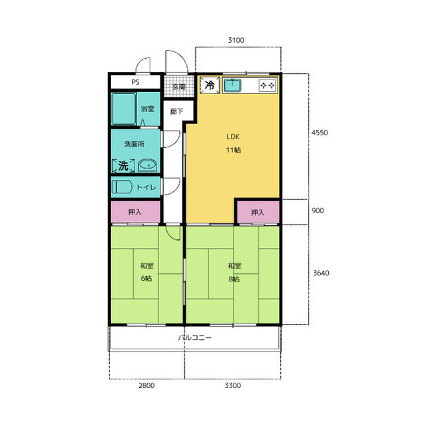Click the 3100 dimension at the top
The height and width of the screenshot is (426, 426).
click(x=236, y=40)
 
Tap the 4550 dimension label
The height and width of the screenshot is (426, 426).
click(x=319, y=133)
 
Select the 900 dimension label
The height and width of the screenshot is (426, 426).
click(x=318, y=210)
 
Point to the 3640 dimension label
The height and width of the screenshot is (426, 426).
click(x=321, y=273)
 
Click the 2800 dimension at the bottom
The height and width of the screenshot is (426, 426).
click(x=146, y=385)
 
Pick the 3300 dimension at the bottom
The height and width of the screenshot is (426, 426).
click(x=232, y=385)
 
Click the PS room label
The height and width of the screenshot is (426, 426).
click(x=135, y=82)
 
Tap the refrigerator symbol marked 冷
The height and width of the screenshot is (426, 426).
click(x=210, y=85)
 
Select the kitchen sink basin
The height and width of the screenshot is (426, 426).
click(x=232, y=85)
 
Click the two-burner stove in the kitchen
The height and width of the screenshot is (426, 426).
click(x=268, y=85)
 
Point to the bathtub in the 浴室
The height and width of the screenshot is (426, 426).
click(x=124, y=109)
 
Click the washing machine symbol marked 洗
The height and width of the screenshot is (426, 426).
click(x=123, y=165)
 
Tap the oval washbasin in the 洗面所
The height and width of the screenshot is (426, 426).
click(x=148, y=165)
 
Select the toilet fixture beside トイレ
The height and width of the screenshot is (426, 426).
click(x=122, y=187)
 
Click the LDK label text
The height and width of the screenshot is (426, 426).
click(x=233, y=137)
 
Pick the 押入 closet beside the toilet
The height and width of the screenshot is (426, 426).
click(x=135, y=212)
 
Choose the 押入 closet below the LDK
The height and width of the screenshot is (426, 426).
click(x=258, y=212)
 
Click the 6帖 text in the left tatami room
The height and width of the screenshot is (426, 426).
click(x=146, y=278)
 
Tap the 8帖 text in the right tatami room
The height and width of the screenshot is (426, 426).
click(x=234, y=279)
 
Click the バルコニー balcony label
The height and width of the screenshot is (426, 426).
click(x=195, y=337)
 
